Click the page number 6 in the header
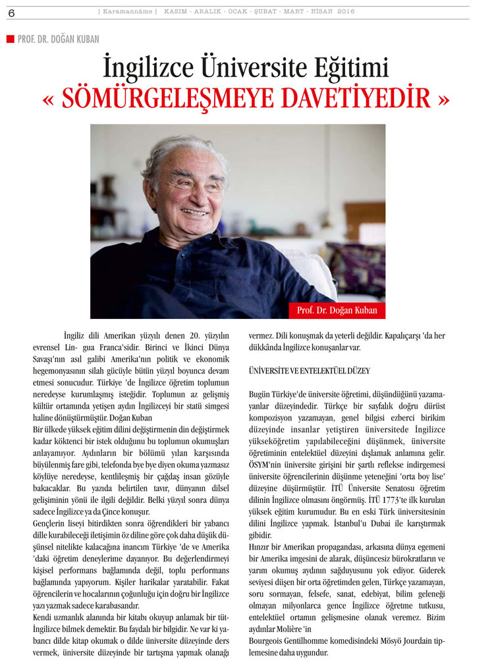(11, 12)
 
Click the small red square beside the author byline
(10, 39)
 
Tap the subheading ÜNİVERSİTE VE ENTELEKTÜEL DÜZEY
(309, 372)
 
